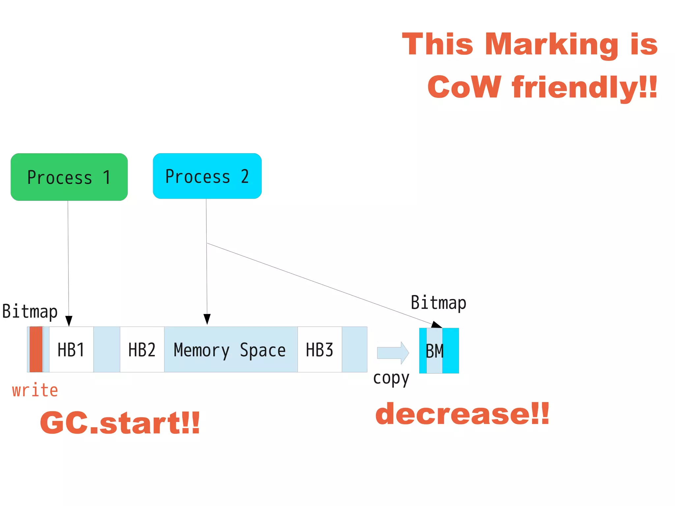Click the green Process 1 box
tap(69, 177)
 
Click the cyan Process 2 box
tap(207, 176)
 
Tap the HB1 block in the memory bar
tap(71, 350)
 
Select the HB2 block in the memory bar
tap(142, 350)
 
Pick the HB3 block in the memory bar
tap(319, 350)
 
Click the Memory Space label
tap(230, 350)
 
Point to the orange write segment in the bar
tap(36, 349)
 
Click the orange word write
tap(35, 390)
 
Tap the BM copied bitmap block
tap(435, 351)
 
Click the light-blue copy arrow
tap(393, 353)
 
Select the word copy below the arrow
tap(391, 379)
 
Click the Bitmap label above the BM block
tap(438, 303)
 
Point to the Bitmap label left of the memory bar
tap(30, 311)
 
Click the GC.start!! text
tap(120, 423)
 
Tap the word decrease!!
tap(462, 414)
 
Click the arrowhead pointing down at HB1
tap(69, 321)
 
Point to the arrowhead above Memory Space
tap(207, 319)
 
